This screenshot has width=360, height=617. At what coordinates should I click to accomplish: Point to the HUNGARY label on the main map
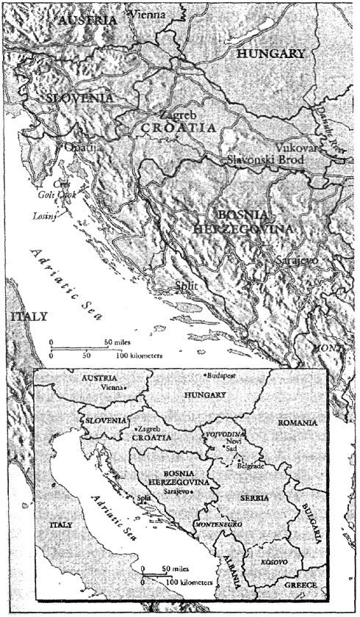[x=270, y=54]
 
